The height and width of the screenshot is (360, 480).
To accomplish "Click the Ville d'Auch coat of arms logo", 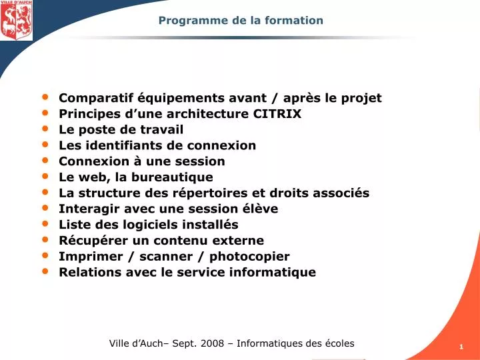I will coord(16,21).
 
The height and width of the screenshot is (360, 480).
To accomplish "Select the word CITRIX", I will coord(277,113).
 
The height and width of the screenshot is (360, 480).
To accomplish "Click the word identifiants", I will coord(118,145).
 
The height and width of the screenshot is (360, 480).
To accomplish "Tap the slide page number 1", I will coord(461,347).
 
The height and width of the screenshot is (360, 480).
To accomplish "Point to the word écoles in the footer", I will coord(338,343).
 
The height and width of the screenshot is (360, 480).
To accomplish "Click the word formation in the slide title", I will coord(294,20).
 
